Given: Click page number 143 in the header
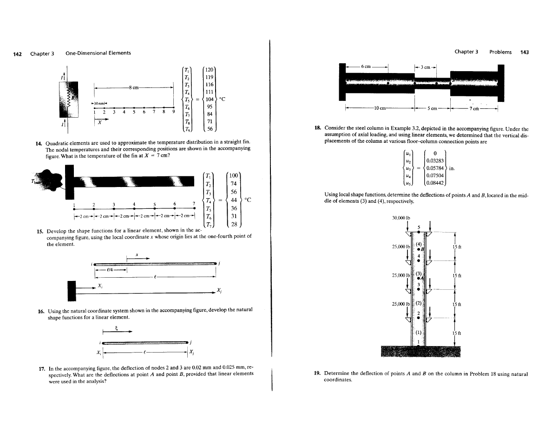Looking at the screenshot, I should coord(524,52).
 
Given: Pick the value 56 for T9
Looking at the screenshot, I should coord(210,129).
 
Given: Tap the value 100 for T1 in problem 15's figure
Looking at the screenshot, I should coord(234,175).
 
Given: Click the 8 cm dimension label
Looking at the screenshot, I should coord(135,87).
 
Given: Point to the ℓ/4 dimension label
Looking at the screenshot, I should coord(111,269).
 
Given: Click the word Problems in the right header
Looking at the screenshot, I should coord(500,52).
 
